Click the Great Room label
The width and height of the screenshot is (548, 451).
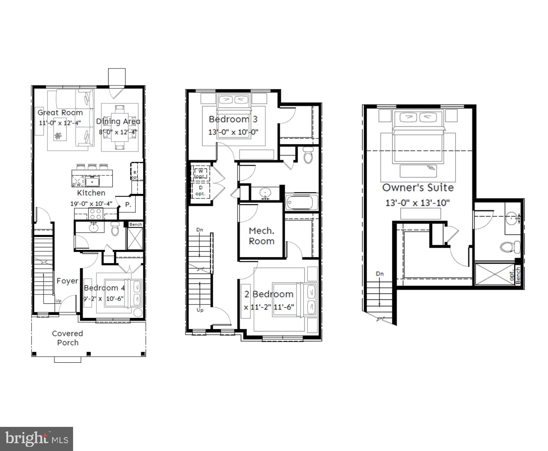(60, 112)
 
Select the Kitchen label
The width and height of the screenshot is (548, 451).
(91, 193)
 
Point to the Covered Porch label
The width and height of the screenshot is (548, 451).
(67, 338)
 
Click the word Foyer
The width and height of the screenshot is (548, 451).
(67, 281)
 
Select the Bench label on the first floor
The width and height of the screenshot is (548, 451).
(135, 224)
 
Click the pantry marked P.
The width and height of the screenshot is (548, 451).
(128, 205)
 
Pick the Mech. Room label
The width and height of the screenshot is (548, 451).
(261, 236)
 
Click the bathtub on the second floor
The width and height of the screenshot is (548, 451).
(302, 203)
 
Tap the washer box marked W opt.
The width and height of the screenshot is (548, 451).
(200, 174)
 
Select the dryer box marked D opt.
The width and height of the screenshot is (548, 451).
(200, 191)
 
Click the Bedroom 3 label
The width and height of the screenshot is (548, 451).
(233, 119)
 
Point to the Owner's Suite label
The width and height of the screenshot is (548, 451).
(417, 187)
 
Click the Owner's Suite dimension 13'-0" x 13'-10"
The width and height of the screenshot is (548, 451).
(417, 203)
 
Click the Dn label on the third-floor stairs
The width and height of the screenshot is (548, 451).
(380, 274)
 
